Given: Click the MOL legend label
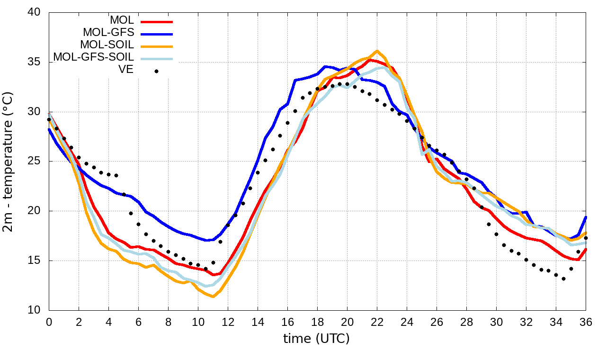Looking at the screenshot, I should click(122, 20).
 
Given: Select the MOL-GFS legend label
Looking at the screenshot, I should click(108, 33).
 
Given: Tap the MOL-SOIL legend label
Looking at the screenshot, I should click(107, 45).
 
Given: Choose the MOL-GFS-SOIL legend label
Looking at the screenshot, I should click(94, 57).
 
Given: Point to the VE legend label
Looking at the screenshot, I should click(127, 70).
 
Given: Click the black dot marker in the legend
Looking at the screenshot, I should click(156, 72).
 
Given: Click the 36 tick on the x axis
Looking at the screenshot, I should click(586, 322).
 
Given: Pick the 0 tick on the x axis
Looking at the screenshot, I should click(49, 322).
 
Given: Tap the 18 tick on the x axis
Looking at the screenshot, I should click(317, 322).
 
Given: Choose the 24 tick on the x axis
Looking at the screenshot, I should click(407, 322).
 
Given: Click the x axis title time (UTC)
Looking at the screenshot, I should click(316, 339).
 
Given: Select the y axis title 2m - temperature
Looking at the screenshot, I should click(9, 162).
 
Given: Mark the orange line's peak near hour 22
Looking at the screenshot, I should click(377, 51).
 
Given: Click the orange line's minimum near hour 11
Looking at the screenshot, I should click(213, 297).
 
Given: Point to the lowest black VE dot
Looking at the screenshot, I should click(563, 279).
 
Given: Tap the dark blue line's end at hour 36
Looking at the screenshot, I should click(586, 217).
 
